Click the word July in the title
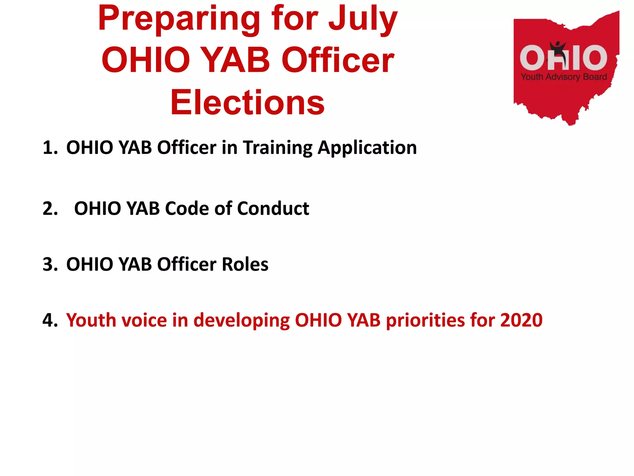[363, 19]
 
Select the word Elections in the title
[247, 102]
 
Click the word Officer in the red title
[338, 60]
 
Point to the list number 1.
[50, 148]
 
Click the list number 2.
[50, 208]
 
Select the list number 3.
[50, 264]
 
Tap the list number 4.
[50, 320]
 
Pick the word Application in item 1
[367, 148]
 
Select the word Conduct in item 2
[273, 208]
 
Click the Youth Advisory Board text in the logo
[564, 77]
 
